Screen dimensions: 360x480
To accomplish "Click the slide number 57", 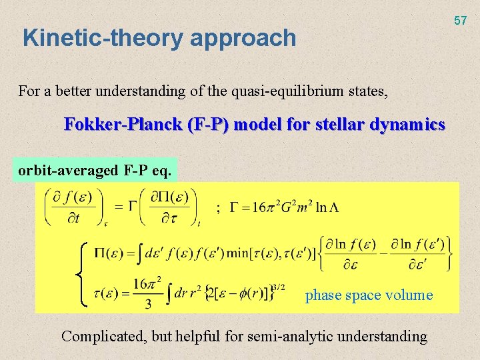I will coord(461,21).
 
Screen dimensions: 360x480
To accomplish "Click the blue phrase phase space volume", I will coord(369,295).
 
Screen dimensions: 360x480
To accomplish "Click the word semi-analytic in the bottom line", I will coord(295,336).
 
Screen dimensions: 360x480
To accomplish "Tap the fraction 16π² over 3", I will coord(147,294).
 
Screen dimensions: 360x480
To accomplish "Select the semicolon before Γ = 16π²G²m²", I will coord(217,208).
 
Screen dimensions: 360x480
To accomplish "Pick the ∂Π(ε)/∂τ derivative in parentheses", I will coord(169,207).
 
